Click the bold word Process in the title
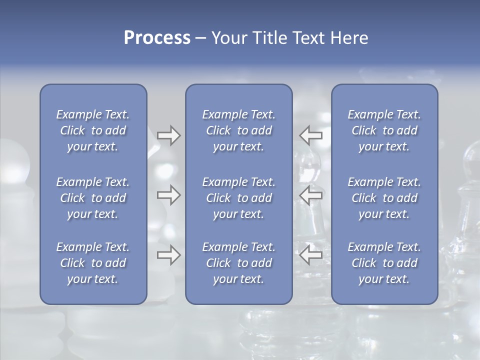(x=157, y=38)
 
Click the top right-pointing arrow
(x=169, y=135)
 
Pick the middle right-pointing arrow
(x=169, y=195)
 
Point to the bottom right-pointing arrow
(x=169, y=255)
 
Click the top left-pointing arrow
(x=311, y=135)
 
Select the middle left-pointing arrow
(x=311, y=195)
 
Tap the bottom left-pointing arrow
(x=311, y=255)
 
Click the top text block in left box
(x=93, y=130)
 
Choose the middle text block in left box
(x=93, y=198)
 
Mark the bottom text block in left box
(x=93, y=263)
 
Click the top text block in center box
(x=239, y=130)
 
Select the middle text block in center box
(x=239, y=198)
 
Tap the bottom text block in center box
(x=239, y=263)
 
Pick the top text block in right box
(x=384, y=130)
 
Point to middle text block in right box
(x=384, y=198)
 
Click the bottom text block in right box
(x=384, y=263)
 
